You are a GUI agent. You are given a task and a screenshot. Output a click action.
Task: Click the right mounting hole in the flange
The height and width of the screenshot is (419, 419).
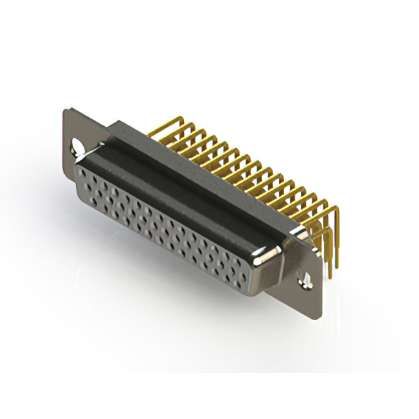[x=305, y=281]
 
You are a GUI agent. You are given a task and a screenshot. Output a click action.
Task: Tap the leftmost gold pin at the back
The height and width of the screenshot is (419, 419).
[x=164, y=124]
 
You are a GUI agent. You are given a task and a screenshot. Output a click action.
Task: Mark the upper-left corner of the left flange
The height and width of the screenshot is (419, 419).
[x=66, y=109]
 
